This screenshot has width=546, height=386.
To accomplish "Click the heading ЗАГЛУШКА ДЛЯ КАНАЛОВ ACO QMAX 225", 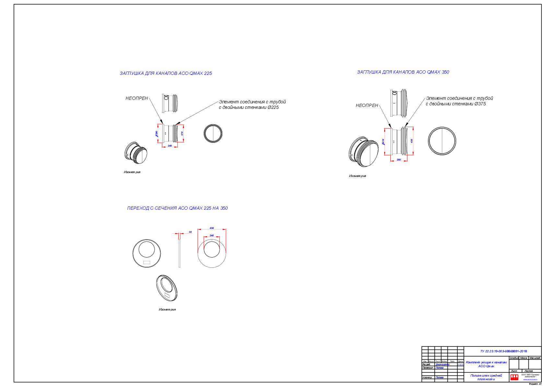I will coord(166,73).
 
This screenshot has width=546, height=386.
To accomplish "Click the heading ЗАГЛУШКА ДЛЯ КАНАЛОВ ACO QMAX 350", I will coord(403,72).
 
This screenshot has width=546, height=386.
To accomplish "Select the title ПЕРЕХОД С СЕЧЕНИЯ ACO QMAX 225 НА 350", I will coord(177,208).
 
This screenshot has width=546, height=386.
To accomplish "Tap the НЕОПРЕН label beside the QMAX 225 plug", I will coord(136,98).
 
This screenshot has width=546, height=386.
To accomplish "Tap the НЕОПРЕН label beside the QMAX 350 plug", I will coord(367,105).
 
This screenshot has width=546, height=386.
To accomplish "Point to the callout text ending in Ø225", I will coord(252,105).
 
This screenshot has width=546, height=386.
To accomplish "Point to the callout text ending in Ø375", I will coord(459,101).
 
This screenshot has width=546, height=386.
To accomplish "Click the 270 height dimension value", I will coord(182,133).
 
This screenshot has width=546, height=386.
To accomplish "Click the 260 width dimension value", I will coord(398,159).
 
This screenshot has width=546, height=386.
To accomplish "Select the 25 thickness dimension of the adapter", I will coord(190,232).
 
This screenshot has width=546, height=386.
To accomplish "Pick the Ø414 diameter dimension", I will coord(383,142).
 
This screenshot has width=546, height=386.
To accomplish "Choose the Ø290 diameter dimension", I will coord(157,134).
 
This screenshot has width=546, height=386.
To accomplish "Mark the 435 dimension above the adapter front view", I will coord(212,228).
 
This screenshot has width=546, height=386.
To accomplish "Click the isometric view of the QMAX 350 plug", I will coord(363,152).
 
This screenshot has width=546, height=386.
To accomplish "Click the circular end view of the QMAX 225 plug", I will coord(213,133).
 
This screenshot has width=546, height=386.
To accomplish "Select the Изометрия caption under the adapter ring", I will coord(167,310).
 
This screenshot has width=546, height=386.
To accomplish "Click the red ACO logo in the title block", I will coord(514,377).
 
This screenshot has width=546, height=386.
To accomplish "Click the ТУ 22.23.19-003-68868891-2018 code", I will coord(503,351).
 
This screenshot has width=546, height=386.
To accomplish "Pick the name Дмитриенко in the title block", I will coord(442,365).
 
